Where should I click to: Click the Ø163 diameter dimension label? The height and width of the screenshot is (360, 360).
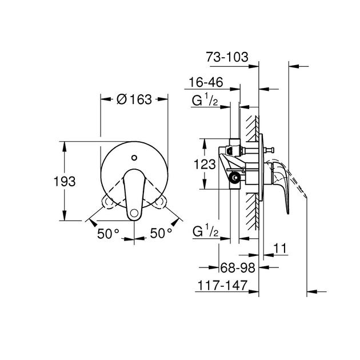point(134,99)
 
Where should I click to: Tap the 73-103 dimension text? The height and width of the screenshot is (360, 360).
point(227,57)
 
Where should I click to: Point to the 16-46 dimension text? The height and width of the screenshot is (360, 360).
point(206,83)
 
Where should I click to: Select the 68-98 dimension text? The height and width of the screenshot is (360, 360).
point(235,267)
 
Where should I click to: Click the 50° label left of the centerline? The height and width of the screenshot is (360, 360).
point(107,233)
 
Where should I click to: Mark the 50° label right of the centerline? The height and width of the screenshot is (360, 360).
point(162,233)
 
